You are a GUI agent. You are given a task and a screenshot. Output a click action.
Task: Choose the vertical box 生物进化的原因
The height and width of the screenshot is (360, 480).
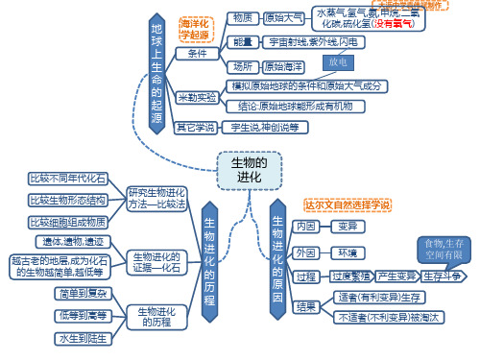[277, 252]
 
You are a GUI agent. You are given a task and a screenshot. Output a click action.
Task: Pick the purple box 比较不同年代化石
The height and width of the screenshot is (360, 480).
[67, 179]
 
